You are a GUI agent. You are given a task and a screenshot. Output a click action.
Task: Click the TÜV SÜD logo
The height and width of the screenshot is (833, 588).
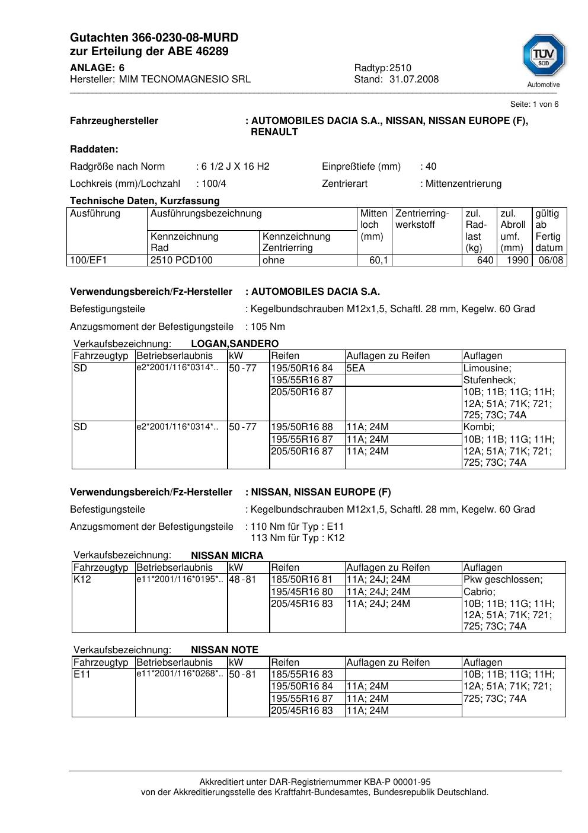544,60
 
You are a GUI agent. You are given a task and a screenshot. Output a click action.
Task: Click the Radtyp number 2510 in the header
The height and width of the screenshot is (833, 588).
400,68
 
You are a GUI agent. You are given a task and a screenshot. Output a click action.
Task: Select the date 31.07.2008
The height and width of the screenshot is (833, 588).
414,80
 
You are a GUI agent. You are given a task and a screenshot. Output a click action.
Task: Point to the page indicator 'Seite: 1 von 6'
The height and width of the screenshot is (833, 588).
534,104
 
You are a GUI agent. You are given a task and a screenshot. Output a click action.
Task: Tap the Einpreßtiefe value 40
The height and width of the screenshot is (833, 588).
431,167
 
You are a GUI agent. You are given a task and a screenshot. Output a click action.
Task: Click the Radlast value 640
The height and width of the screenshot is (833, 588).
485,260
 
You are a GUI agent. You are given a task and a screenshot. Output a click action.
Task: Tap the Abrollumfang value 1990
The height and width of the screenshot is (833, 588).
517,260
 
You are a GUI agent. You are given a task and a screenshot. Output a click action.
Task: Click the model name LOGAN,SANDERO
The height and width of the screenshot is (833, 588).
235,344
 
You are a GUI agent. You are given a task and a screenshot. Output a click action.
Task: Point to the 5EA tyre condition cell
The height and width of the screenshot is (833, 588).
356,368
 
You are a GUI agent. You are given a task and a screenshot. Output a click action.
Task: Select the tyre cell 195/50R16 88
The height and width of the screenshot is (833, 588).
302,427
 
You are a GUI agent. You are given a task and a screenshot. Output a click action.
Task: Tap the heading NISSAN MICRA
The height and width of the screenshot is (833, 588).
227,556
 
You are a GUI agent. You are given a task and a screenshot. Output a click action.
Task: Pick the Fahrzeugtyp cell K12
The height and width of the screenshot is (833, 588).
82,580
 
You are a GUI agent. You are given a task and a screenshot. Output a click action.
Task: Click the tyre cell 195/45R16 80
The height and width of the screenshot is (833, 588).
302,592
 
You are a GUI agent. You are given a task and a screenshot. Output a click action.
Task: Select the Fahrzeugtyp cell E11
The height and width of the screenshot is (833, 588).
82,675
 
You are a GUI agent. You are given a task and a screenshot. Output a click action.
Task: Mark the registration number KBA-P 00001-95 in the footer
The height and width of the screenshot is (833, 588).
392,783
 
